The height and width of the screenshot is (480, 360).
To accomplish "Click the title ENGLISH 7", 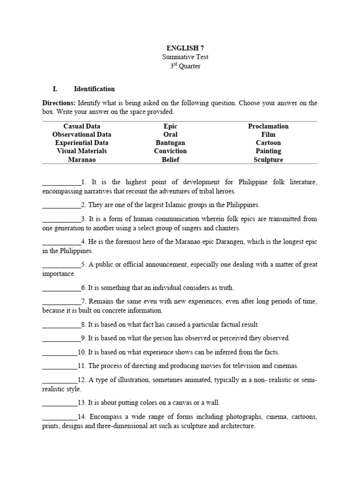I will point(185,48).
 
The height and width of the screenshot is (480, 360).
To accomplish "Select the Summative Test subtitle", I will point(185,57).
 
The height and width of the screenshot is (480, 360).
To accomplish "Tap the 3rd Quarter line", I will point(185,66).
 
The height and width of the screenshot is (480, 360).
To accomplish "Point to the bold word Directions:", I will point(59,103).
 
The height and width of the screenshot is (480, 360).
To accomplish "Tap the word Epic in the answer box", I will point(171,126).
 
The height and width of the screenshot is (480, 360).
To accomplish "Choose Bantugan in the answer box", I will point(171,142).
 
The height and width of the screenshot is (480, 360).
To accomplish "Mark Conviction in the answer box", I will point(171,151).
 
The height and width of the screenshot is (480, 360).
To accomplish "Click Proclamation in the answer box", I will point(268,126).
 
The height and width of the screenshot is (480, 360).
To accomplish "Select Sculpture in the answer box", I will point(268,159).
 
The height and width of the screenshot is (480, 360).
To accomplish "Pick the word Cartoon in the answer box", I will point(268,142).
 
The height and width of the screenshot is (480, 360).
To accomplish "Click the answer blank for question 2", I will point(61,205).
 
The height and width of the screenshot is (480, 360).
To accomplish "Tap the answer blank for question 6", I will point(61,288).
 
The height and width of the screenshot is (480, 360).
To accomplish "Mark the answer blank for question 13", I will point(60,402).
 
